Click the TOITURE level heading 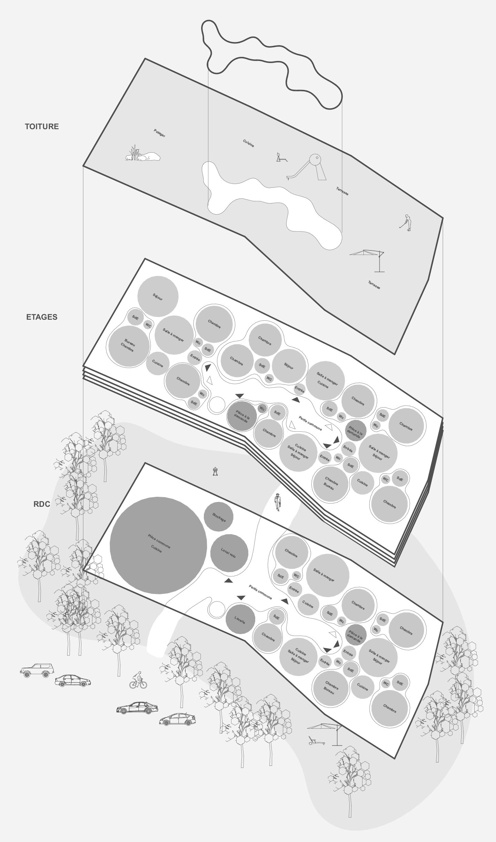point(42,126)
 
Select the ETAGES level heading point(42,317)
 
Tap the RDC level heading point(42,504)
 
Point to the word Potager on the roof point(159,133)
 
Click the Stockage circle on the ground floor point(218,517)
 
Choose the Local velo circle point(229,553)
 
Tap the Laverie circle point(240,619)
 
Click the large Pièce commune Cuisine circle point(158,545)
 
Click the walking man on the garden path point(277,502)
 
